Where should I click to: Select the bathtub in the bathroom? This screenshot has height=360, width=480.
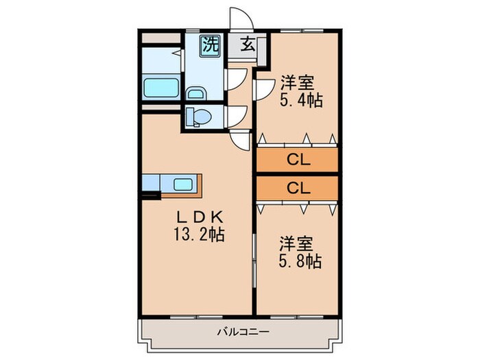(161, 88)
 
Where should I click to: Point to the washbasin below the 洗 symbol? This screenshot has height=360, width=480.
(197, 93)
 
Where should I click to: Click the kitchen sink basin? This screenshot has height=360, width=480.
(183, 184)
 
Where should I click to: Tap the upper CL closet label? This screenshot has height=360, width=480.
(298, 161)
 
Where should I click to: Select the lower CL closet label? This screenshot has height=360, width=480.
(298, 187)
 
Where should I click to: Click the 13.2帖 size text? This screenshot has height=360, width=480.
(200, 234)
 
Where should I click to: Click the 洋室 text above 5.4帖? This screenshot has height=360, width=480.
(297, 84)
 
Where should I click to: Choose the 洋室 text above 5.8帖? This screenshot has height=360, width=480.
(297, 244)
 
